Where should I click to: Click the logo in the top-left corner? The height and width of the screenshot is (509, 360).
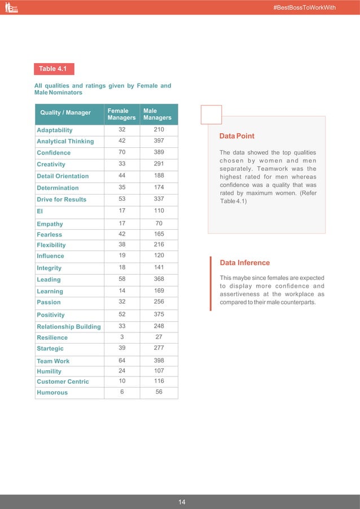click(11, 7)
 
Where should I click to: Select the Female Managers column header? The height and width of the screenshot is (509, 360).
click(121, 115)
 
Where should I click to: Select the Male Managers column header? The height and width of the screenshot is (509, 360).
click(157, 115)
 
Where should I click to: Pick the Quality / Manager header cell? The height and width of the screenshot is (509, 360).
click(65, 113)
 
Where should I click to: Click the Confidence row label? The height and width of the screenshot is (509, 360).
click(54, 153)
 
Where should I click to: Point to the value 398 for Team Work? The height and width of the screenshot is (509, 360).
click(159, 360)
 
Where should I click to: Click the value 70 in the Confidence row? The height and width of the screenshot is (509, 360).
click(122, 152)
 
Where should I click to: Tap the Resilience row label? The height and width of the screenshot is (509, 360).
click(52, 337)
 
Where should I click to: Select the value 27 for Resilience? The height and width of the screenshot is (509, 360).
click(159, 337)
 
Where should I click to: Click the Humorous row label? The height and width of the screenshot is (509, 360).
click(52, 392)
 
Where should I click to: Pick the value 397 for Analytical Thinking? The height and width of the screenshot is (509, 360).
click(159, 141)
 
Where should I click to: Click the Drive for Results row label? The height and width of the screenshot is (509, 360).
click(62, 199)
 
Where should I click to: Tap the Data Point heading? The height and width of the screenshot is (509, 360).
click(237, 136)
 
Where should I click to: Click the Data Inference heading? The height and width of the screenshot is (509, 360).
click(245, 263)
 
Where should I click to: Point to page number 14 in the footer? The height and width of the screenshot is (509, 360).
click(182, 502)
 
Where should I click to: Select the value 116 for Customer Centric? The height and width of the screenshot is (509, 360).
click(159, 381)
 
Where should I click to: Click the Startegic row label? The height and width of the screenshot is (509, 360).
click(50, 349)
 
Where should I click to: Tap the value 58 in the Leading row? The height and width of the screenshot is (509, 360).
click(122, 279)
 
